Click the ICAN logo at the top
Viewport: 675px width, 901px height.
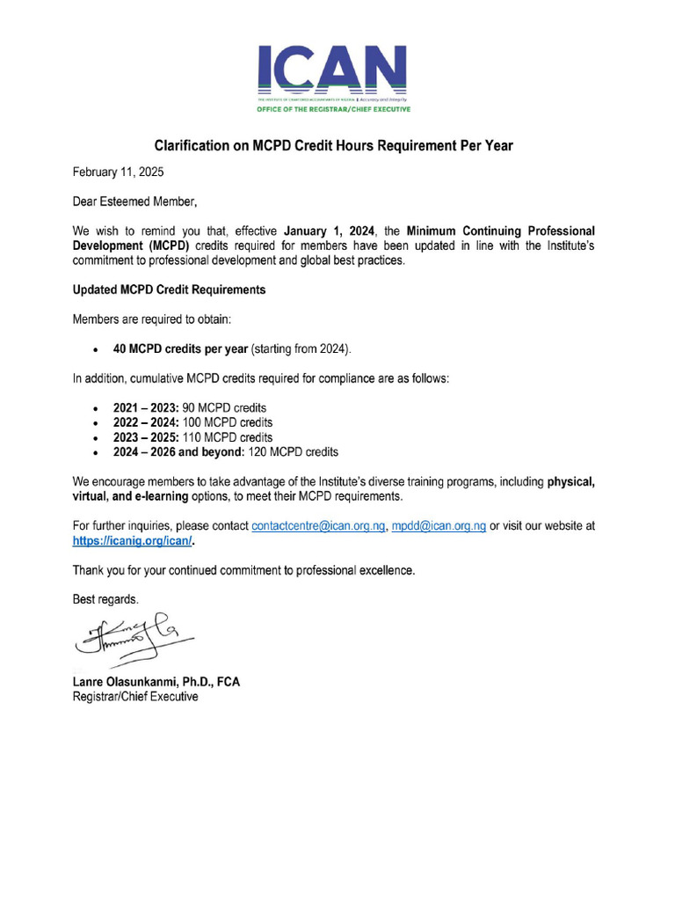[332, 70]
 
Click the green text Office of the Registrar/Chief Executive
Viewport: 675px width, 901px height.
[332, 110]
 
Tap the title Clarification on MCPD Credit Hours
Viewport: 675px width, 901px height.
[333, 145]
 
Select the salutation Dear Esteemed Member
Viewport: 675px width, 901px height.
[134, 202]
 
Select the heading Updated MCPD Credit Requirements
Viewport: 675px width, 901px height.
[169, 289]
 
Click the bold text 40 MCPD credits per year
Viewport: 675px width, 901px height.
[180, 349]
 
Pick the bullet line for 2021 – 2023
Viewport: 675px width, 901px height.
[189, 408]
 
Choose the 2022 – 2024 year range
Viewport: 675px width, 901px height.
[146, 423]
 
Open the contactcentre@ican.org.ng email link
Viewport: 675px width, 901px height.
[318, 526]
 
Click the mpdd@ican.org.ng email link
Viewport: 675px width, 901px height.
[439, 526]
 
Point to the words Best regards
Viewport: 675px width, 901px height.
[105, 599]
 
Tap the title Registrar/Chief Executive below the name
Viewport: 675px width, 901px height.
[134, 697]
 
